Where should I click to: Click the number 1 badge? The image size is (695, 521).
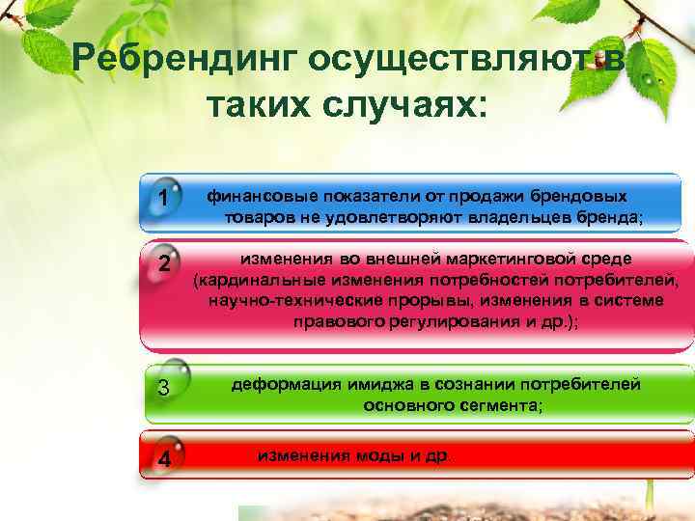pos(166,199)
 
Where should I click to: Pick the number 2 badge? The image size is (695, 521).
pos(165,264)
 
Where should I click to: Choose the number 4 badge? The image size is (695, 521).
pos(165,457)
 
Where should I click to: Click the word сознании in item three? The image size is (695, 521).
pos(449,384)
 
